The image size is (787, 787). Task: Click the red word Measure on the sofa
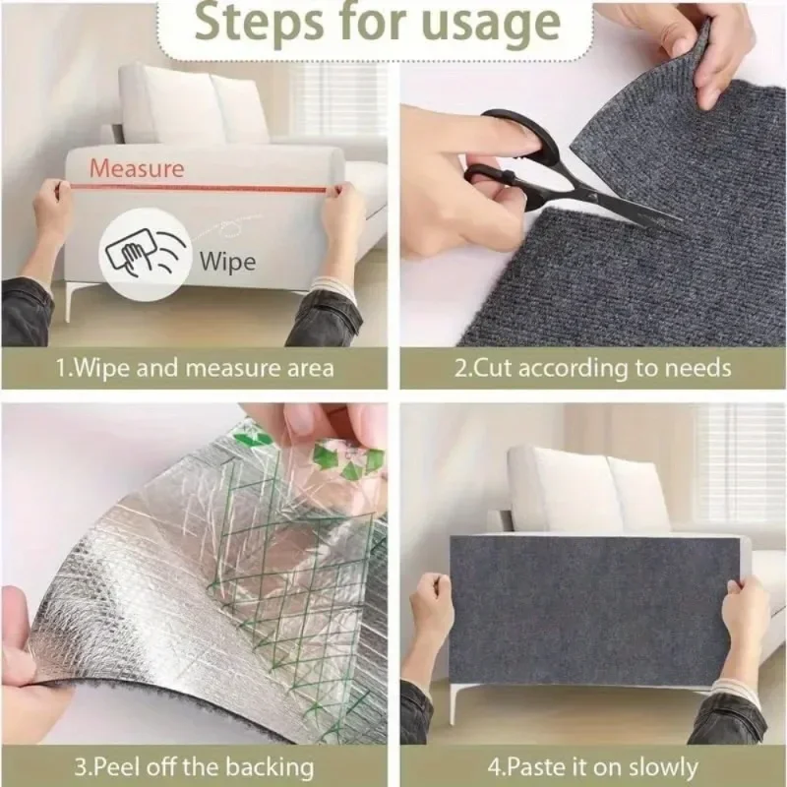137,168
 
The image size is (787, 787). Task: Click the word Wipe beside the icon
226,262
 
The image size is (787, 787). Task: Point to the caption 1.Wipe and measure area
194,370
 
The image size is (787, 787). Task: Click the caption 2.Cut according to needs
593,370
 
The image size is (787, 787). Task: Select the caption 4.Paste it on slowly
591,766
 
